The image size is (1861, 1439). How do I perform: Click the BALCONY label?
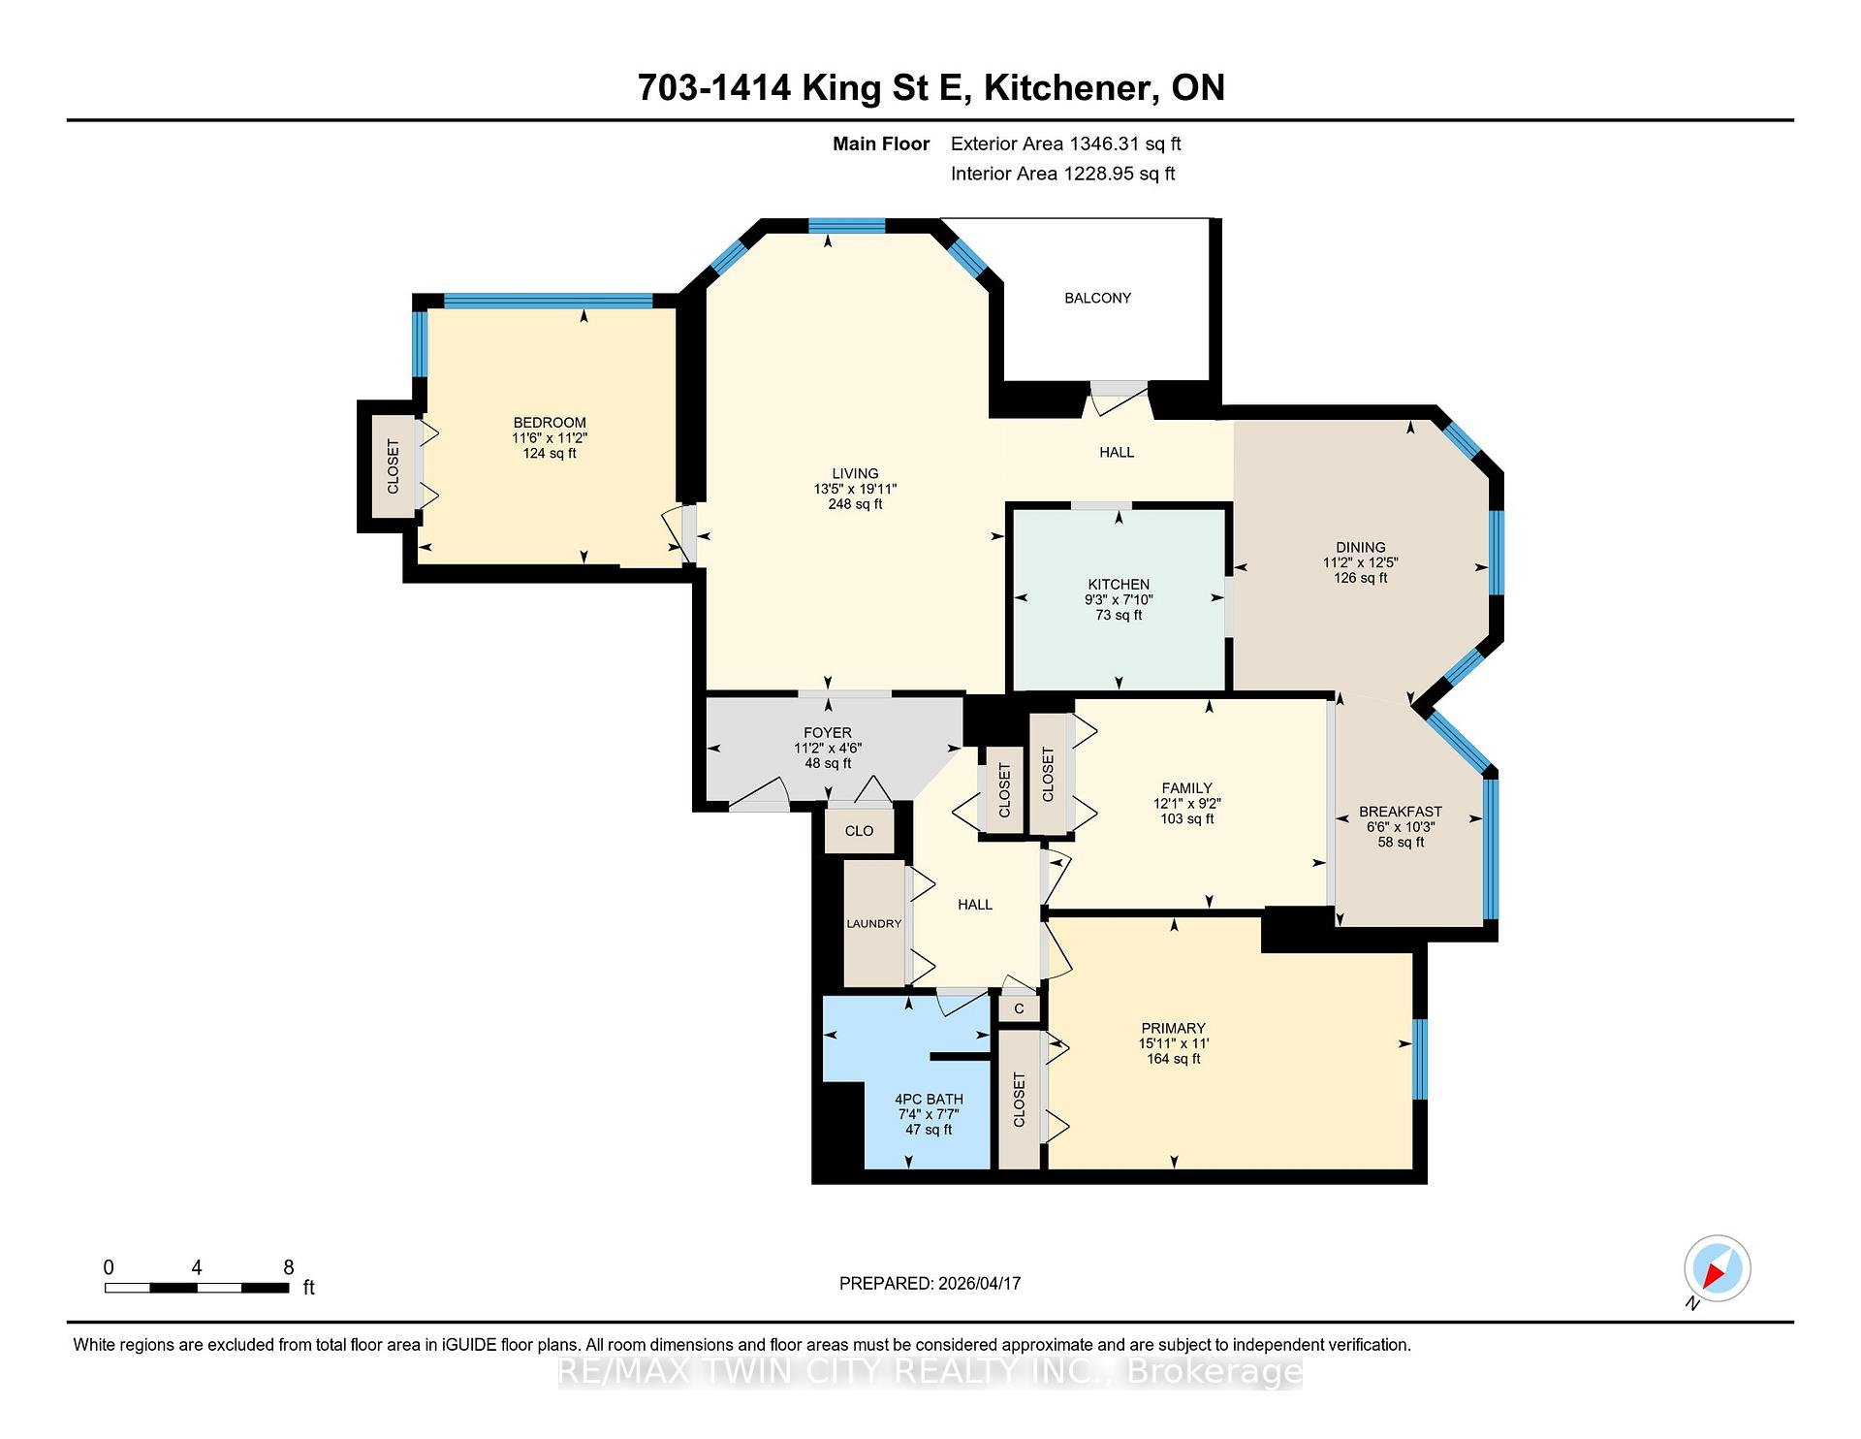(1097, 298)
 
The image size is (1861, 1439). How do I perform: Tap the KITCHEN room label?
(1119, 584)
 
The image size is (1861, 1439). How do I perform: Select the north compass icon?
(1717, 1269)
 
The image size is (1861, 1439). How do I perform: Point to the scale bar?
(197, 1288)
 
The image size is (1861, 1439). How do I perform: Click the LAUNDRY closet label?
(874, 923)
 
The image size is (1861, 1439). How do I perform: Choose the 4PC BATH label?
(929, 1099)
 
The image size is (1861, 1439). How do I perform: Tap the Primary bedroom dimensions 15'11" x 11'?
(1174, 1043)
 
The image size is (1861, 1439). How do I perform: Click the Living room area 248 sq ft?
(855, 504)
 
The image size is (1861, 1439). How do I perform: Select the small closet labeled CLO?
(859, 831)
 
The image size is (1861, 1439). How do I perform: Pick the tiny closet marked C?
(1019, 1008)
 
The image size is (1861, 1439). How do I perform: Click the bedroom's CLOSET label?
(393, 466)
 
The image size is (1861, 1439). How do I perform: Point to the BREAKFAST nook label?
(1401, 812)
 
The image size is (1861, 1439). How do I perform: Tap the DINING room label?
(1360, 547)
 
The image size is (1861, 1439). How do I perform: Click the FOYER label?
(828, 733)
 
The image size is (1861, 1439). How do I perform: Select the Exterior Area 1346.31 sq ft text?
(1066, 144)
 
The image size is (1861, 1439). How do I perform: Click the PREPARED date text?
(930, 1283)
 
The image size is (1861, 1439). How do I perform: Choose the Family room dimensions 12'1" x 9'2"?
(1186, 804)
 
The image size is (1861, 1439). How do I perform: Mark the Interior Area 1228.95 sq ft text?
(1063, 175)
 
